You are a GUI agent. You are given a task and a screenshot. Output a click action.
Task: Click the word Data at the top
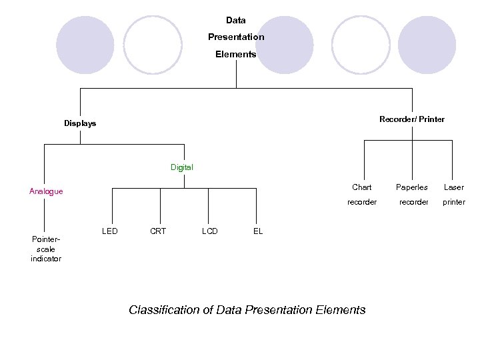(x=235, y=20)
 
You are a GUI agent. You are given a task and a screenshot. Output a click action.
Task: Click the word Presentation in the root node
(x=236, y=37)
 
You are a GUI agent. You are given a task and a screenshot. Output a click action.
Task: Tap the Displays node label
(x=80, y=123)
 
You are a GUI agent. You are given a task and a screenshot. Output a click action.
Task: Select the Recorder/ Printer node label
(x=411, y=119)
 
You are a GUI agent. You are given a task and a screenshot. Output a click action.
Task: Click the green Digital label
(x=181, y=167)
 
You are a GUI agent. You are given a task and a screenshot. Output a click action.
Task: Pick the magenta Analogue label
(x=46, y=191)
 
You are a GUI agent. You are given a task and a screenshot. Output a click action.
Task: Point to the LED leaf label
(x=110, y=231)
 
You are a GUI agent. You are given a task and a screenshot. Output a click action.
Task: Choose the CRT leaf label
(x=158, y=231)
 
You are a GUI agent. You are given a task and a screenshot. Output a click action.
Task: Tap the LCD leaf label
(x=209, y=231)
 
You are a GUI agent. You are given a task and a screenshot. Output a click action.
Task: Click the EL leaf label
(x=258, y=231)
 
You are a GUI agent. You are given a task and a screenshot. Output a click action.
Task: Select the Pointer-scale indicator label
(x=45, y=249)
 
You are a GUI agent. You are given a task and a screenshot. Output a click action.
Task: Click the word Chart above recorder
(x=362, y=187)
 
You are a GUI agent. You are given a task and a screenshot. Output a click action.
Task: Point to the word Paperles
(x=412, y=187)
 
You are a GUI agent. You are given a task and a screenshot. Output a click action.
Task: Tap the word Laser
(x=453, y=187)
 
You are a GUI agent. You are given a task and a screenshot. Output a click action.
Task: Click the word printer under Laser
(x=454, y=202)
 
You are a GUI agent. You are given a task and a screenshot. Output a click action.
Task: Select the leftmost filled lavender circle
(x=85, y=45)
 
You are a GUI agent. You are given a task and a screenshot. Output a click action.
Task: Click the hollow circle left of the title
(x=153, y=45)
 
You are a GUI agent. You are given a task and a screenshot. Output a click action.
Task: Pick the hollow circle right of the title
(x=361, y=45)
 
